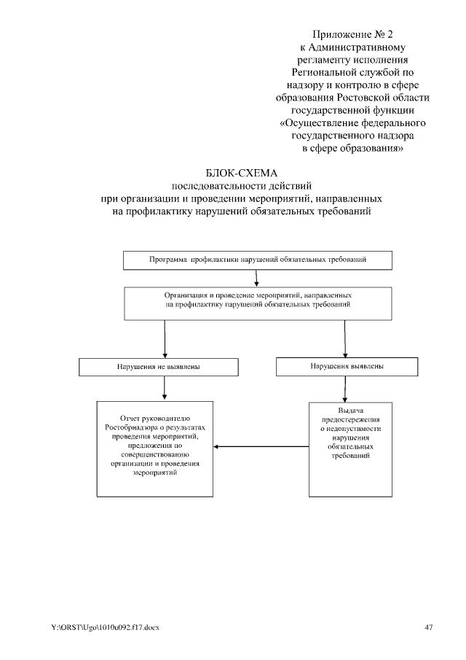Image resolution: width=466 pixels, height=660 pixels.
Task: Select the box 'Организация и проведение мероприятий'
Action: click(x=258, y=303)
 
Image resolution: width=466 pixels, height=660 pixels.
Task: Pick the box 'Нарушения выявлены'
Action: click(x=347, y=366)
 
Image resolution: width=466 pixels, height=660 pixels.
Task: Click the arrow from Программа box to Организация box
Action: click(x=256, y=278)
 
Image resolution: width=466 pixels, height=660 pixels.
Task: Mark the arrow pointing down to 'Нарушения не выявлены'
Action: click(x=165, y=338)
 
